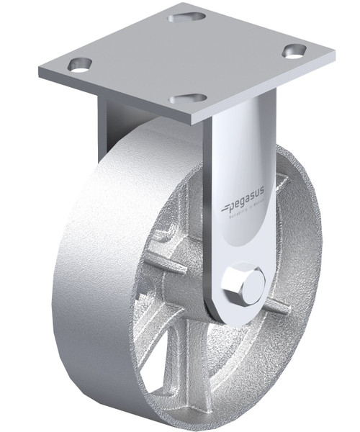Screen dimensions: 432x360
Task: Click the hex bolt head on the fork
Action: tap(242, 285)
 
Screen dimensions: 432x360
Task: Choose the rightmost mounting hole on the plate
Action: tap(294, 50)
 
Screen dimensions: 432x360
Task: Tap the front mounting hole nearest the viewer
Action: tap(187, 98)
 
